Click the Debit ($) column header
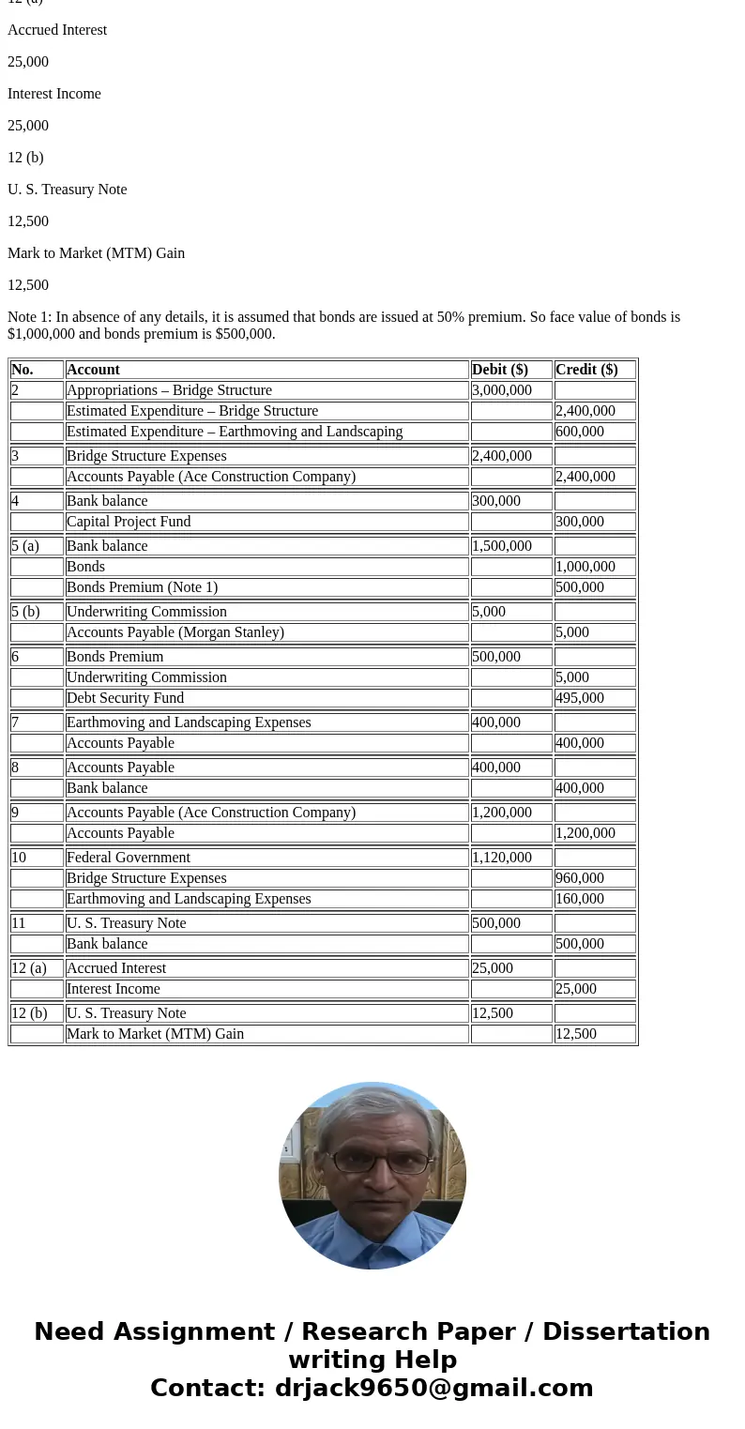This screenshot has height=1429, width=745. click(x=500, y=370)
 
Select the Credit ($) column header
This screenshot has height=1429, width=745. click(x=586, y=370)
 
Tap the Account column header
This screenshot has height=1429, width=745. click(x=93, y=370)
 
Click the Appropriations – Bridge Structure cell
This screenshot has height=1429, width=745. click(x=169, y=390)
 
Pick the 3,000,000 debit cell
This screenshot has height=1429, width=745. click(x=502, y=390)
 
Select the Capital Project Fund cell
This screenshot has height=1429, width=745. click(x=129, y=522)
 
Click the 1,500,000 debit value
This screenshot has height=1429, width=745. click(x=502, y=546)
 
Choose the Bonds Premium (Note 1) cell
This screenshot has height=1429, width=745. click(x=142, y=587)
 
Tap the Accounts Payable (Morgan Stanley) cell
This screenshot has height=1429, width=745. click(x=175, y=632)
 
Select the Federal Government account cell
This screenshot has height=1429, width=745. click(x=129, y=858)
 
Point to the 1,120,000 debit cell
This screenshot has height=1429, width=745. click(x=502, y=858)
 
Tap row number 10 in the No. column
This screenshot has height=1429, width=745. click(x=19, y=858)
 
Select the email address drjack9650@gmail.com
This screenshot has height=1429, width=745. click(x=433, y=1389)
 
